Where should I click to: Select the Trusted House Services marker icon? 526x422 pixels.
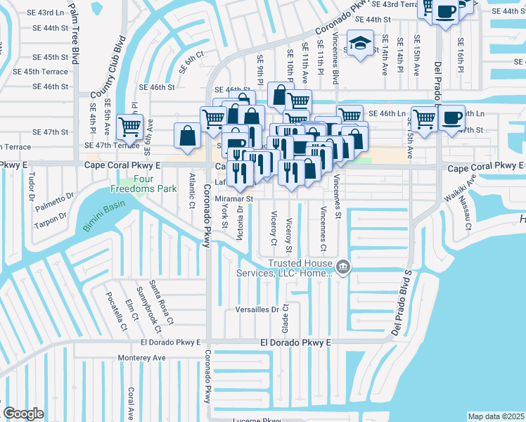[343, 266]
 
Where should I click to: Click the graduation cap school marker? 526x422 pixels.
[361, 44]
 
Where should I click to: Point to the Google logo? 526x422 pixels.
[23, 414]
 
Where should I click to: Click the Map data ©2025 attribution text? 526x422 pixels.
[496, 416]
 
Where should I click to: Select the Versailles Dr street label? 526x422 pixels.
[256, 309]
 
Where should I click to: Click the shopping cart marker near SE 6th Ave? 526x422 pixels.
[130, 127]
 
